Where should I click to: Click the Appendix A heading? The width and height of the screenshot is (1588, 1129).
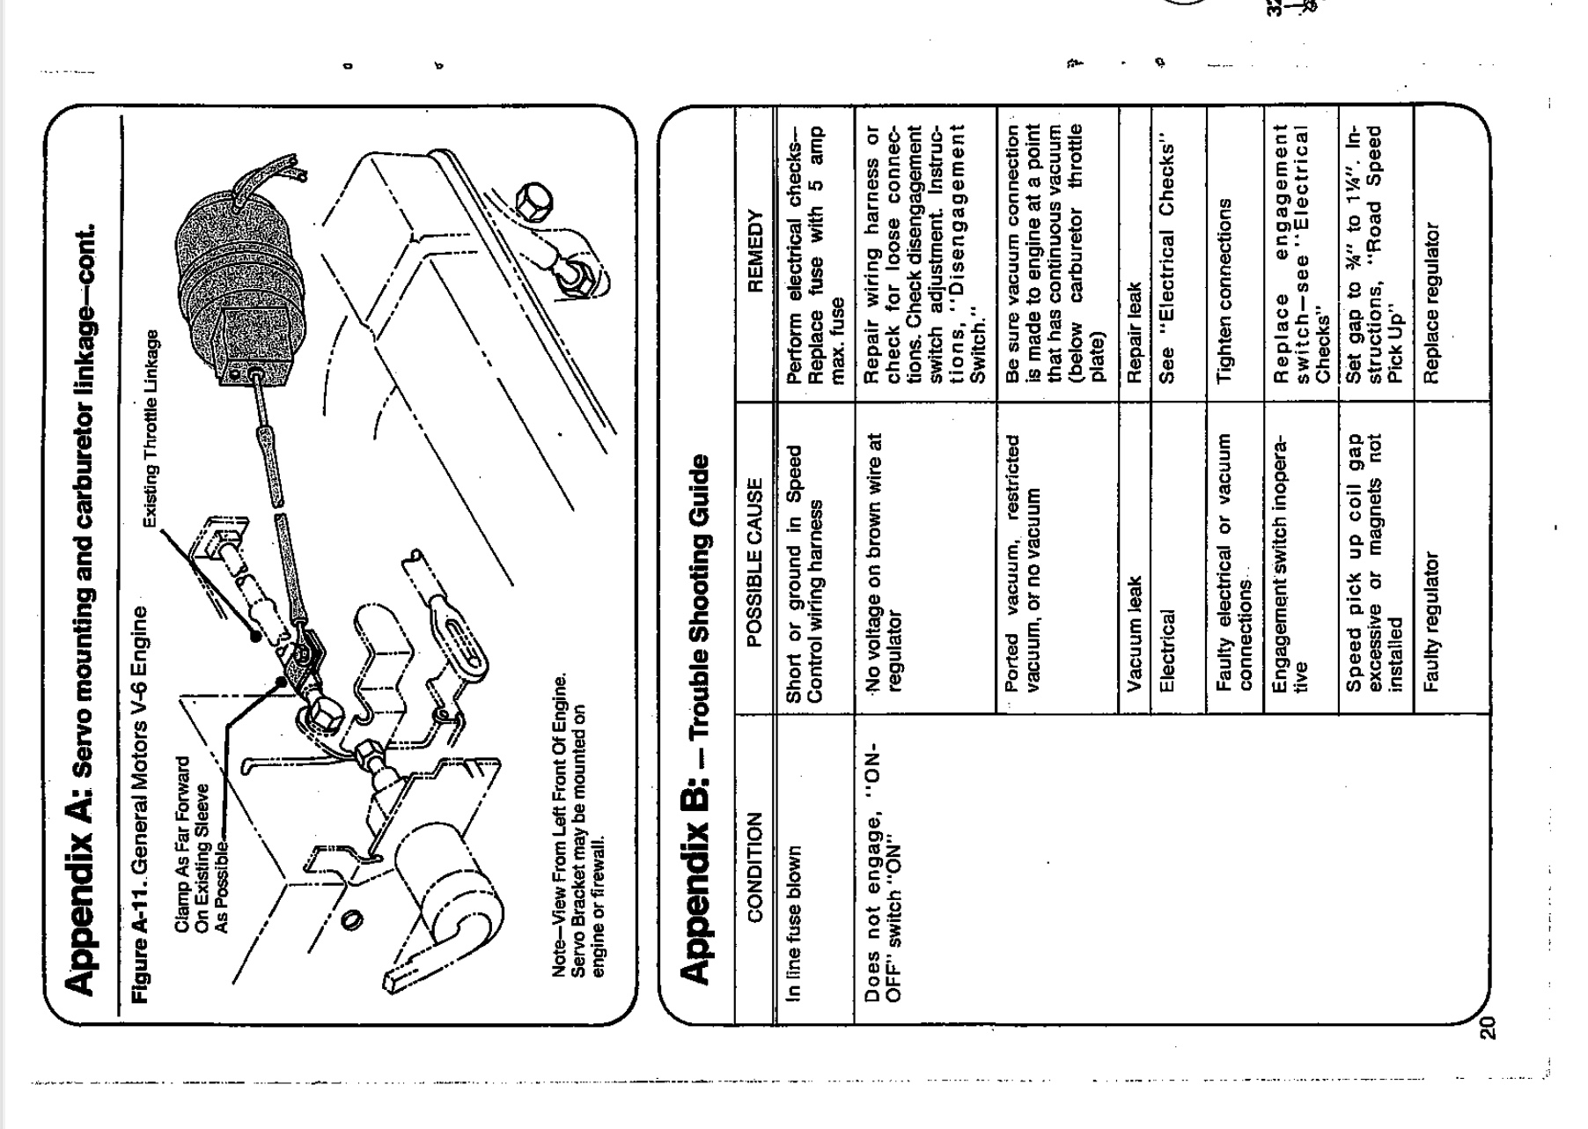coord(83,608)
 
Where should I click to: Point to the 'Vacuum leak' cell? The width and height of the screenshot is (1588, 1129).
coord(1134,632)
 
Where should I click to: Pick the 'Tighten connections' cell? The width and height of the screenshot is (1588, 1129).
coord(1225,291)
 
